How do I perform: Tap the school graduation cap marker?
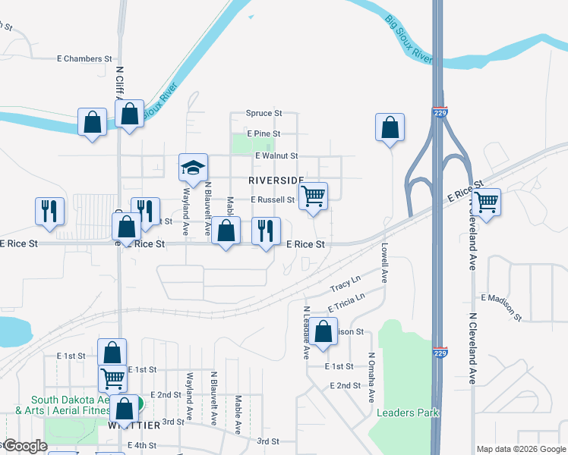pyautogui.click(x=193, y=168)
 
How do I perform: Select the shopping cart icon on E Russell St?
pyautogui.click(x=313, y=196)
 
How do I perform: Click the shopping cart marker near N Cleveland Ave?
pyautogui.click(x=485, y=202)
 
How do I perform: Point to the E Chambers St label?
pyautogui.click(x=84, y=58)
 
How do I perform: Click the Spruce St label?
pyautogui.click(x=263, y=113)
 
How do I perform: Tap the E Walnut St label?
pyautogui.click(x=278, y=155)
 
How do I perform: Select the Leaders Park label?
pyautogui.click(x=408, y=413)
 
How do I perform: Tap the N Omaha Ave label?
pyautogui.click(x=371, y=378)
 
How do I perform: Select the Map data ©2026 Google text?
pyautogui.click(x=521, y=449)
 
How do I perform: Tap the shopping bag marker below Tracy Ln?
pyautogui.click(x=323, y=332)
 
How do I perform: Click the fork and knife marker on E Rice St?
pyautogui.click(x=266, y=231)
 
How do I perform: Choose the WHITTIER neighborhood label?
pyautogui.click(x=134, y=425)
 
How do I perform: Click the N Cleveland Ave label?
pyautogui.click(x=472, y=349)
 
